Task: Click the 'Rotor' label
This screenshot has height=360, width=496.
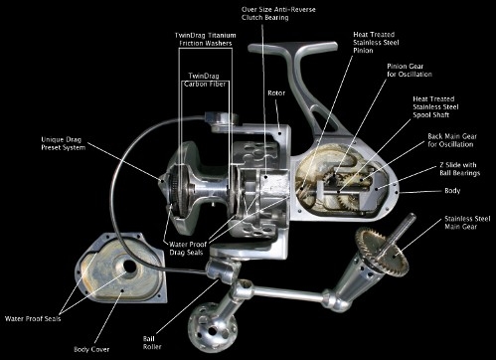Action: (x=276, y=93)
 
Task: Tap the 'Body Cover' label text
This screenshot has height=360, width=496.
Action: (x=91, y=349)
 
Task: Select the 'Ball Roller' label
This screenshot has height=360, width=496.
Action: (x=152, y=343)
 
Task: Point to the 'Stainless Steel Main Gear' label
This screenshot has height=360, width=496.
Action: (x=467, y=223)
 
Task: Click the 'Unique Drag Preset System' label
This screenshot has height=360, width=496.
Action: (x=64, y=143)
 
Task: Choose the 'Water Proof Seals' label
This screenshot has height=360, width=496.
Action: (x=33, y=319)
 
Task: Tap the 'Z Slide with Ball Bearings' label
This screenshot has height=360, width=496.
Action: (x=460, y=169)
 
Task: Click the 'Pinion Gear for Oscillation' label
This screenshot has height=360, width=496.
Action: (x=410, y=70)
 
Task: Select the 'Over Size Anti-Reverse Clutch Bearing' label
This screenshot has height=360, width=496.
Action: (x=278, y=13)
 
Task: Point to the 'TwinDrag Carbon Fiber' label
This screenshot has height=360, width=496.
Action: (x=205, y=80)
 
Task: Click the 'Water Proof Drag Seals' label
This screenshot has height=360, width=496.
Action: (x=188, y=249)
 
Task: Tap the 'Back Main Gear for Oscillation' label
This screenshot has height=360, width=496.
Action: (x=452, y=140)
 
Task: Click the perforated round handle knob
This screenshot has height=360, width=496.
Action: (x=213, y=327)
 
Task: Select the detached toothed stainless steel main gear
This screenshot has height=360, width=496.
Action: (x=382, y=252)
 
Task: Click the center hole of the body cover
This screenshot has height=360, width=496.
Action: (x=129, y=266)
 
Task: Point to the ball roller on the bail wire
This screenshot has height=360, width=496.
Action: (x=223, y=270)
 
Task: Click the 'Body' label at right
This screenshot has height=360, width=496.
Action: (x=452, y=191)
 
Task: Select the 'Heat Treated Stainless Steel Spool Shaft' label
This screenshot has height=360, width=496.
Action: (x=435, y=106)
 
